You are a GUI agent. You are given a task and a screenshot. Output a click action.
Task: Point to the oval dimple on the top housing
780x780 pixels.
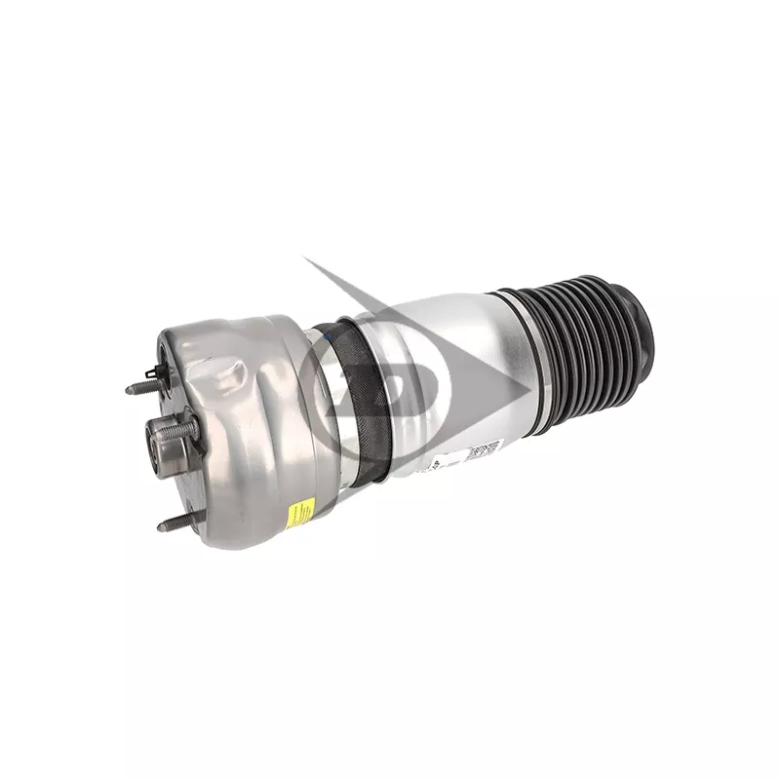tap(234, 375)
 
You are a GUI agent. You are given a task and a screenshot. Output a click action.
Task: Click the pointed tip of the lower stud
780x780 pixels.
tap(159, 527)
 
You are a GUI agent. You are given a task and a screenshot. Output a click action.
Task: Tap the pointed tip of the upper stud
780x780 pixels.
tap(128, 389)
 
